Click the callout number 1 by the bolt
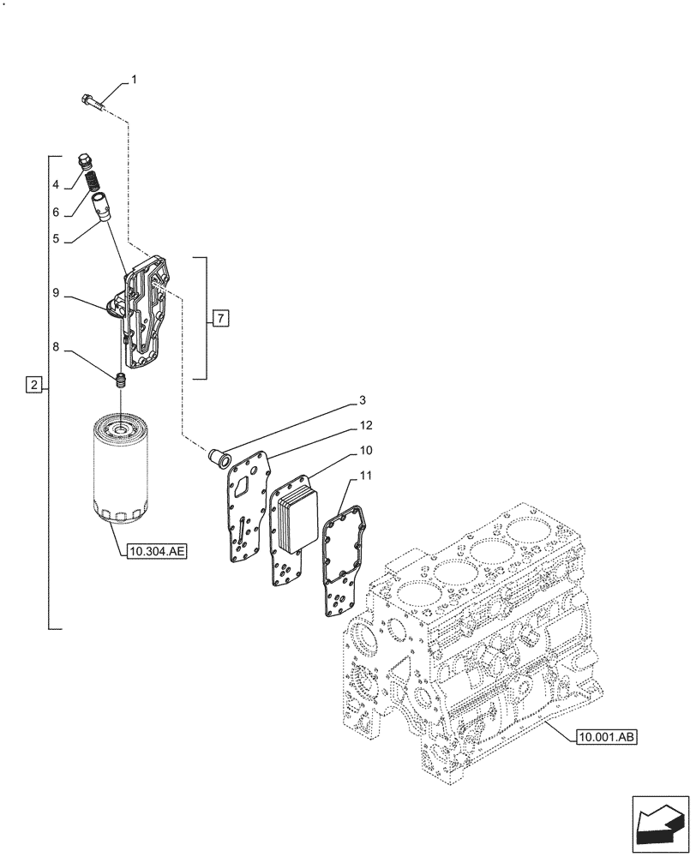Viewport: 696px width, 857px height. (134, 80)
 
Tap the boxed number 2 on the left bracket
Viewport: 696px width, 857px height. (33, 385)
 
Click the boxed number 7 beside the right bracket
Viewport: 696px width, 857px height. (220, 319)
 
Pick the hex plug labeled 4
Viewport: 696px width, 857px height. (85, 162)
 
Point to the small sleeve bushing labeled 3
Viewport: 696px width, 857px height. (217, 458)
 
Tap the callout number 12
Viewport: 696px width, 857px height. (365, 425)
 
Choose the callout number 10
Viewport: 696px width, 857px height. (365, 450)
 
